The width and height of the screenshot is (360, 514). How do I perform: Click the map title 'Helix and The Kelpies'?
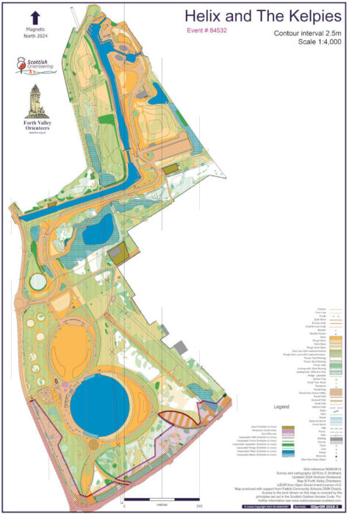262,15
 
